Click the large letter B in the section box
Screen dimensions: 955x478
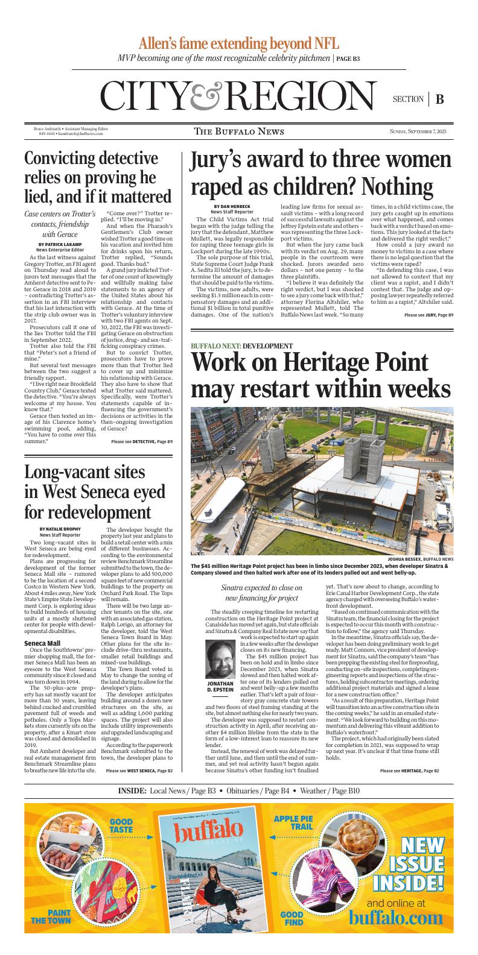click(x=439, y=99)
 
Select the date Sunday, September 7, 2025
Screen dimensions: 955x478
click(x=418, y=131)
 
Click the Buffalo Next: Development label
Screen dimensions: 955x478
click(x=242, y=346)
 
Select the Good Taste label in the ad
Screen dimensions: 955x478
click(x=121, y=826)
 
